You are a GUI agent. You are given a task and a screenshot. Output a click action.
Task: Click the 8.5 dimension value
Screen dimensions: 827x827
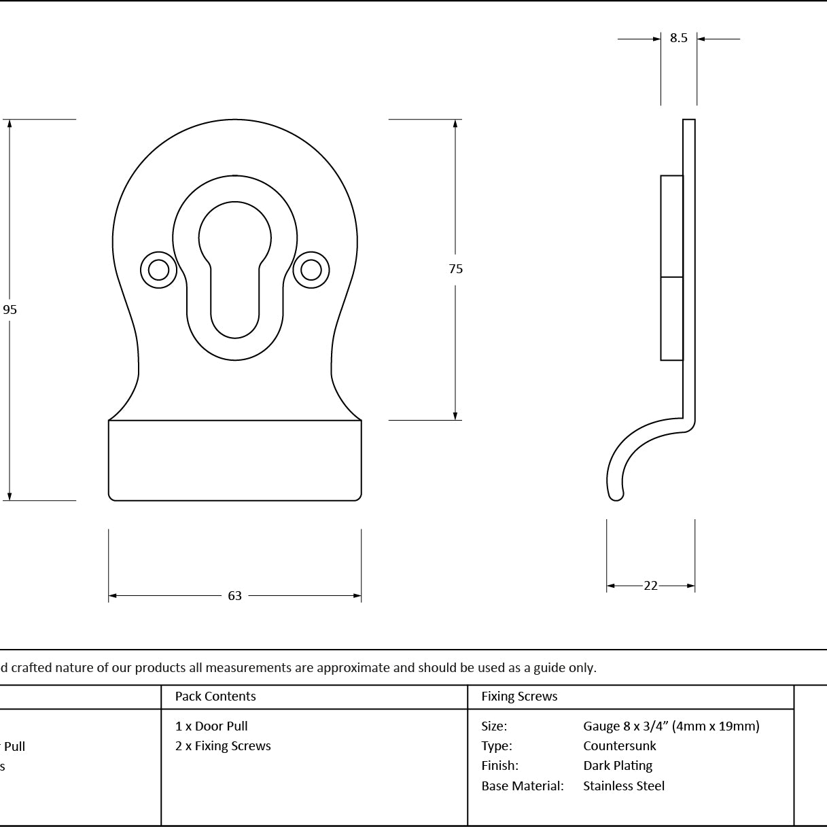tap(678, 38)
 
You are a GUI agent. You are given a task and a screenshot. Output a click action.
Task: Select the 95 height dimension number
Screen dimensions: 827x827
tap(10, 309)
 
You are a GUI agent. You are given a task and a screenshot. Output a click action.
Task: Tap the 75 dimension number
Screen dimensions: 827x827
tap(456, 268)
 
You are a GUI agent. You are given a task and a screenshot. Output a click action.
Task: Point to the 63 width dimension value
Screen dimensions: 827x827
tap(234, 596)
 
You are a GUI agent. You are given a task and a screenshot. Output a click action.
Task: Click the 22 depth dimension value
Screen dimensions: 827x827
tap(650, 586)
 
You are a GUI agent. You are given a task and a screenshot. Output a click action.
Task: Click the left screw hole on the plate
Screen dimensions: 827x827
tap(159, 270)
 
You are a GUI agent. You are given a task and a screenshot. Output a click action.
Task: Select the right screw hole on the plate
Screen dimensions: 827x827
tap(311, 270)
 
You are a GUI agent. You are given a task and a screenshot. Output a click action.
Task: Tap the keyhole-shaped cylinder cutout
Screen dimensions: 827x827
tap(234, 270)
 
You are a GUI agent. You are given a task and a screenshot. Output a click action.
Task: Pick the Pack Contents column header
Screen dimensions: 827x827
tap(215, 696)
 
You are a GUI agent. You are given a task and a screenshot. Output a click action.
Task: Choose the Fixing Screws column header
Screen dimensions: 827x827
tap(519, 696)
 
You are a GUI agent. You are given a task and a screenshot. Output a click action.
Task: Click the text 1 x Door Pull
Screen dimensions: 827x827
tap(211, 726)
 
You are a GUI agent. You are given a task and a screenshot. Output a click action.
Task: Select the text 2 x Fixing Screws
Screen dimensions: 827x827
tap(223, 746)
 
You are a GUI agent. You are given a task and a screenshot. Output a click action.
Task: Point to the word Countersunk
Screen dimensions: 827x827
tap(619, 746)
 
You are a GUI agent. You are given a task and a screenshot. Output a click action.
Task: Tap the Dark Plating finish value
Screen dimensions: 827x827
tap(618, 766)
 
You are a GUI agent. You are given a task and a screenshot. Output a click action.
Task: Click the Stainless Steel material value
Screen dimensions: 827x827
tap(624, 786)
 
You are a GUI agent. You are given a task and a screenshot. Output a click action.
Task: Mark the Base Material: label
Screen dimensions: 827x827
tap(523, 786)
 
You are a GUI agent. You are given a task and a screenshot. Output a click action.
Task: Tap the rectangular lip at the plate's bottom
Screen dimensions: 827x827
tap(234, 460)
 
